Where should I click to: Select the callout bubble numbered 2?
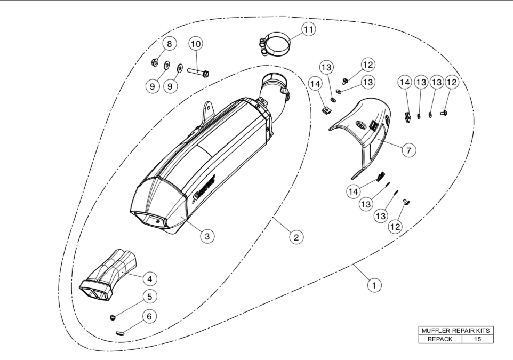pyautogui.click(x=295, y=236)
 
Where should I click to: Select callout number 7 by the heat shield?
pyautogui.click(x=408, y=150)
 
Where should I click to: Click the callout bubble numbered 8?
pyautogui.click(x=170, y=44)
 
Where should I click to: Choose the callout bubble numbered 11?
pyautogui.click(x=308, y=30)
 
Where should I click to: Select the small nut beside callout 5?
pyautogui.click(x=113, y=318)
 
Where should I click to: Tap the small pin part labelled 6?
pyautogui.click(x=120, y=332)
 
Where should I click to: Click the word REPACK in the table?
pyautogui.click(x=439, y=339)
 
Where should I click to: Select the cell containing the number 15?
pyautogui.click(x=477, y=339)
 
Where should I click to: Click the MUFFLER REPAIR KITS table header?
pyautogui.click(x=455, y=331)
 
